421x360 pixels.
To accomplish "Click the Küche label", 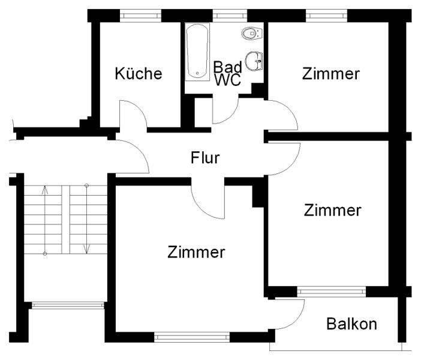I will coord(139,74).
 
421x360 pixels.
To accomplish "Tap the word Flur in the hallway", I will coord(206,158).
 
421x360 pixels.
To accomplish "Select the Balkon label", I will coord(352,325).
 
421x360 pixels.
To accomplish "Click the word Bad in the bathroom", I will coord(227,67).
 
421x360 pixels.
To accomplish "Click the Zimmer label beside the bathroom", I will coord(331,74).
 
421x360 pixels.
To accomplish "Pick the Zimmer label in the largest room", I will coord(196,252).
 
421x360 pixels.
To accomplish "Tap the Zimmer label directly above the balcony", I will coord(332,211).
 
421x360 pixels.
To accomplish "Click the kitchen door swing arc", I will coord(133,114).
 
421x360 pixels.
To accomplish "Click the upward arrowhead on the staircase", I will coord(44,191).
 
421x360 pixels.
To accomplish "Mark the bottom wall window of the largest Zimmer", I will coord(192,337).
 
